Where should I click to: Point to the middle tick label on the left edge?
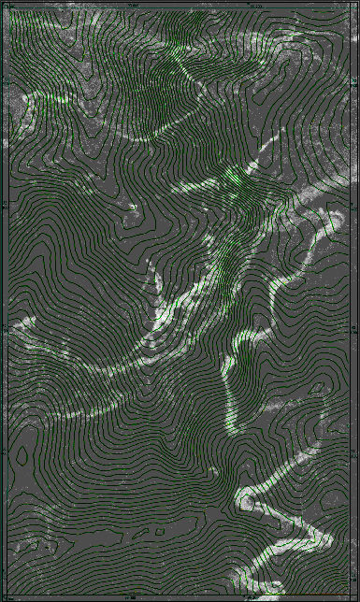click(4, 328)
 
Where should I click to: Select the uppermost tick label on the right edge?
click(355, 203)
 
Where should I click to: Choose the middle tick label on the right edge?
click(355, 328)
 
